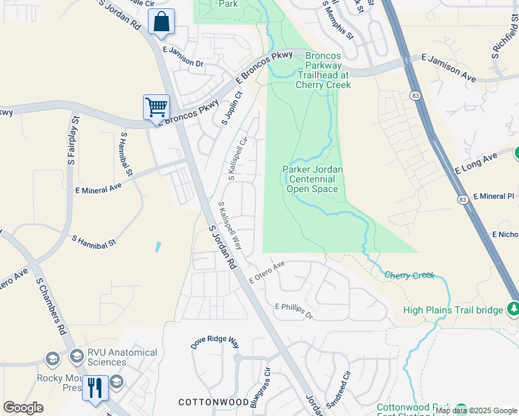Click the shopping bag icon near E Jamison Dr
161,21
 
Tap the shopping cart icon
156,107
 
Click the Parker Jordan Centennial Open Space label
312,179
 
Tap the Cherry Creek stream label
409,275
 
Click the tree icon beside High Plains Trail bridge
513,308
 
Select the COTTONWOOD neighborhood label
213,402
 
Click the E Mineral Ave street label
98,186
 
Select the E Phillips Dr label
294,310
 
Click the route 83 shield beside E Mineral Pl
462,199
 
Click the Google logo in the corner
23,408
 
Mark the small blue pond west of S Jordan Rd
159,245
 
